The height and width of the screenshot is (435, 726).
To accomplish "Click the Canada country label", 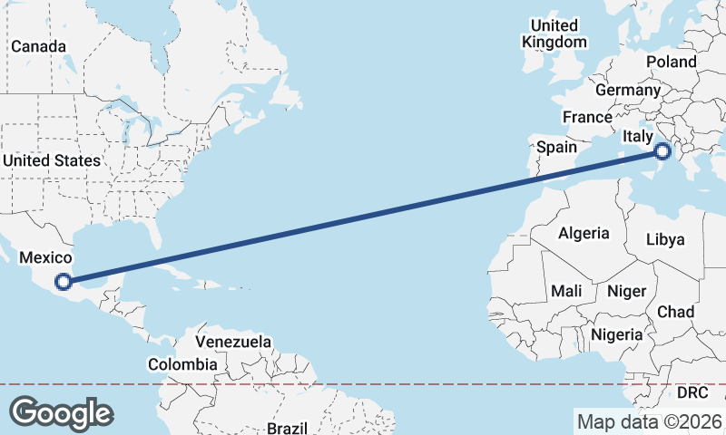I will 38,46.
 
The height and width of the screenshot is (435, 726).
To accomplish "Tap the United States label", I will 51,160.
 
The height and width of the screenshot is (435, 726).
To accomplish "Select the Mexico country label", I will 45,258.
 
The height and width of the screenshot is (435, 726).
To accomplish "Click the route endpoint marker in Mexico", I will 63,282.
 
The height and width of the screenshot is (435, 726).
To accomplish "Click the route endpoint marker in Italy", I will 662,151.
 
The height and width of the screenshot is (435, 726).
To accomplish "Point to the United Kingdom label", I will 554,34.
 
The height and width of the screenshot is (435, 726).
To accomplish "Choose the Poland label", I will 671,62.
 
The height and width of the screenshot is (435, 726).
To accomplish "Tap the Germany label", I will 627,90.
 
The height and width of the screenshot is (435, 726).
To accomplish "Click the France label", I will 587,117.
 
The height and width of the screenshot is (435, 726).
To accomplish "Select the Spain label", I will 556,146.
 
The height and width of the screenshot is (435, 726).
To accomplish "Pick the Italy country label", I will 638,136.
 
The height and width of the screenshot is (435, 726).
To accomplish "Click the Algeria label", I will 584,233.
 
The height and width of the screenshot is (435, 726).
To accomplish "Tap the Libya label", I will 664,239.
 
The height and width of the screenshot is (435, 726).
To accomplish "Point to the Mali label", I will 566,291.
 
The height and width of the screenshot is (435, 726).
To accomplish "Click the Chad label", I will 675,312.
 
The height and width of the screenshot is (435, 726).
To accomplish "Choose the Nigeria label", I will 617,334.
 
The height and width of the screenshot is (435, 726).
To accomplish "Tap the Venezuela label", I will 234,342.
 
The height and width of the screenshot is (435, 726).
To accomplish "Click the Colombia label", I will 182,364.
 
